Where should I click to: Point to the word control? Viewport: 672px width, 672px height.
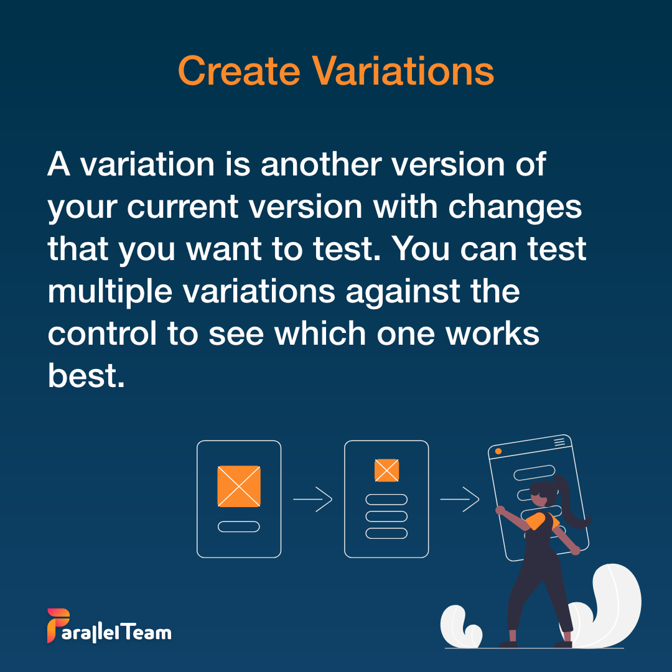coord(102,334)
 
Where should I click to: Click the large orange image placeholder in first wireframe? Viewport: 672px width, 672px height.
coord(239,486)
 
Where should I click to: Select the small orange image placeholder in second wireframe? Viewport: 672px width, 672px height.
coord(386,470)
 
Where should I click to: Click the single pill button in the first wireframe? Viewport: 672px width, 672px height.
coord(239,526)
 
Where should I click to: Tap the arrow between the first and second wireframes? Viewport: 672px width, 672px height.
coord(312,499)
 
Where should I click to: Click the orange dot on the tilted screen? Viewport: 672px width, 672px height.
coord(498,450)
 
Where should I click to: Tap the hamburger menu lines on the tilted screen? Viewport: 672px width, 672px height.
coord(559,442)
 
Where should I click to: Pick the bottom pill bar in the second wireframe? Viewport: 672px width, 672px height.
coord(386,533)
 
